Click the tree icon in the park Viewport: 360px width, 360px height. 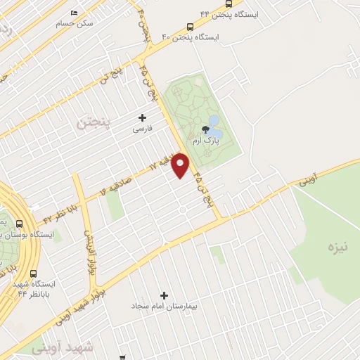(x=205, y=129)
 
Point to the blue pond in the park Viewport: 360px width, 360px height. (x=214, y=131)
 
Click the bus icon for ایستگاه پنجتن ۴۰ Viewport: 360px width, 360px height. (x=190, y=27)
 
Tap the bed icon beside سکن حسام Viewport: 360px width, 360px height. (x=75, y=13)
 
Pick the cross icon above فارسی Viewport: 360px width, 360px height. (x=142, y=117)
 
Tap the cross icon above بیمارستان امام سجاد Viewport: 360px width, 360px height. (x=165, y=295)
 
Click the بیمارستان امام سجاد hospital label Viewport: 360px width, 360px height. (x=165, y=307)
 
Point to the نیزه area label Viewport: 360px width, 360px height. (x=337, y=247)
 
